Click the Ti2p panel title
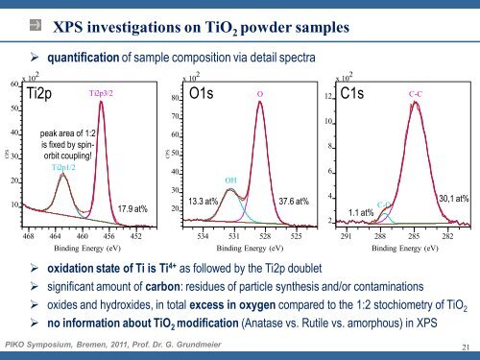pyautogui.click(x=44, y=92)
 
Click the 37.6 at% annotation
pyautogui.click(x=292, y=202)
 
